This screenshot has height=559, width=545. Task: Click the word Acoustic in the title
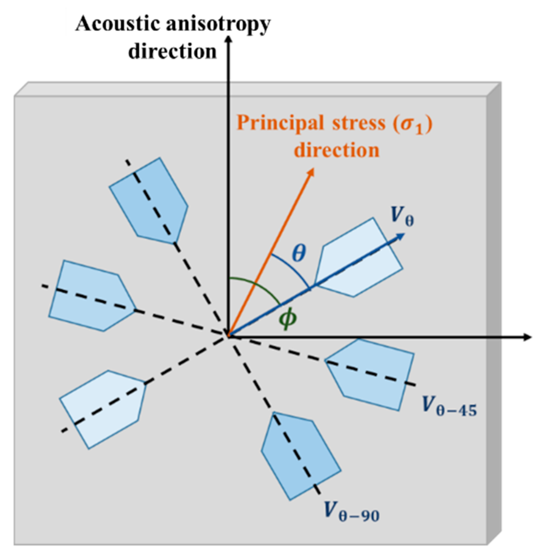tap(118, 25)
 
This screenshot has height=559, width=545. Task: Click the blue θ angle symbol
tap(299, 253)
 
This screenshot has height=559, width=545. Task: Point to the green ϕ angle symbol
tap(287, 318)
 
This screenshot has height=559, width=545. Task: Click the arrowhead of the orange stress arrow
tap(311, 172)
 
